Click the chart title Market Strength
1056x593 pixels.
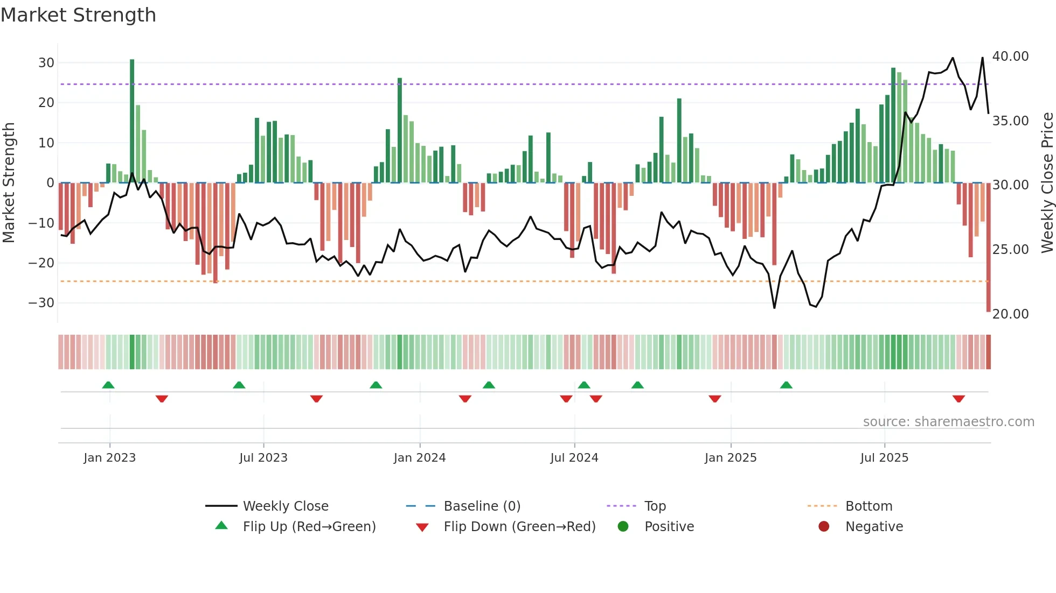point(78,15)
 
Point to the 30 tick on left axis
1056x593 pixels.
point(46,62)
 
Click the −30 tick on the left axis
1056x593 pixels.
point(41,302)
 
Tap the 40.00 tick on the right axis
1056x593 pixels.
point(1010,57)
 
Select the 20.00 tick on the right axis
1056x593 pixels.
point(1010,314)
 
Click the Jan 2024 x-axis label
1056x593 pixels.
point(420,458)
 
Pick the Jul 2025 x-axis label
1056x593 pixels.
point(884,458)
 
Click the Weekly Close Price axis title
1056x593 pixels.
point(1047,183)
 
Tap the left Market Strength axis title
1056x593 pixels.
point(9,183)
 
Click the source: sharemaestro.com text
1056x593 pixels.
point(948,422)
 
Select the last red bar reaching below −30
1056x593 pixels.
point(988,248)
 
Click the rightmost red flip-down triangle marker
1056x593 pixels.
point(958,399)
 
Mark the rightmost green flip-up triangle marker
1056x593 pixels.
point(786,385)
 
